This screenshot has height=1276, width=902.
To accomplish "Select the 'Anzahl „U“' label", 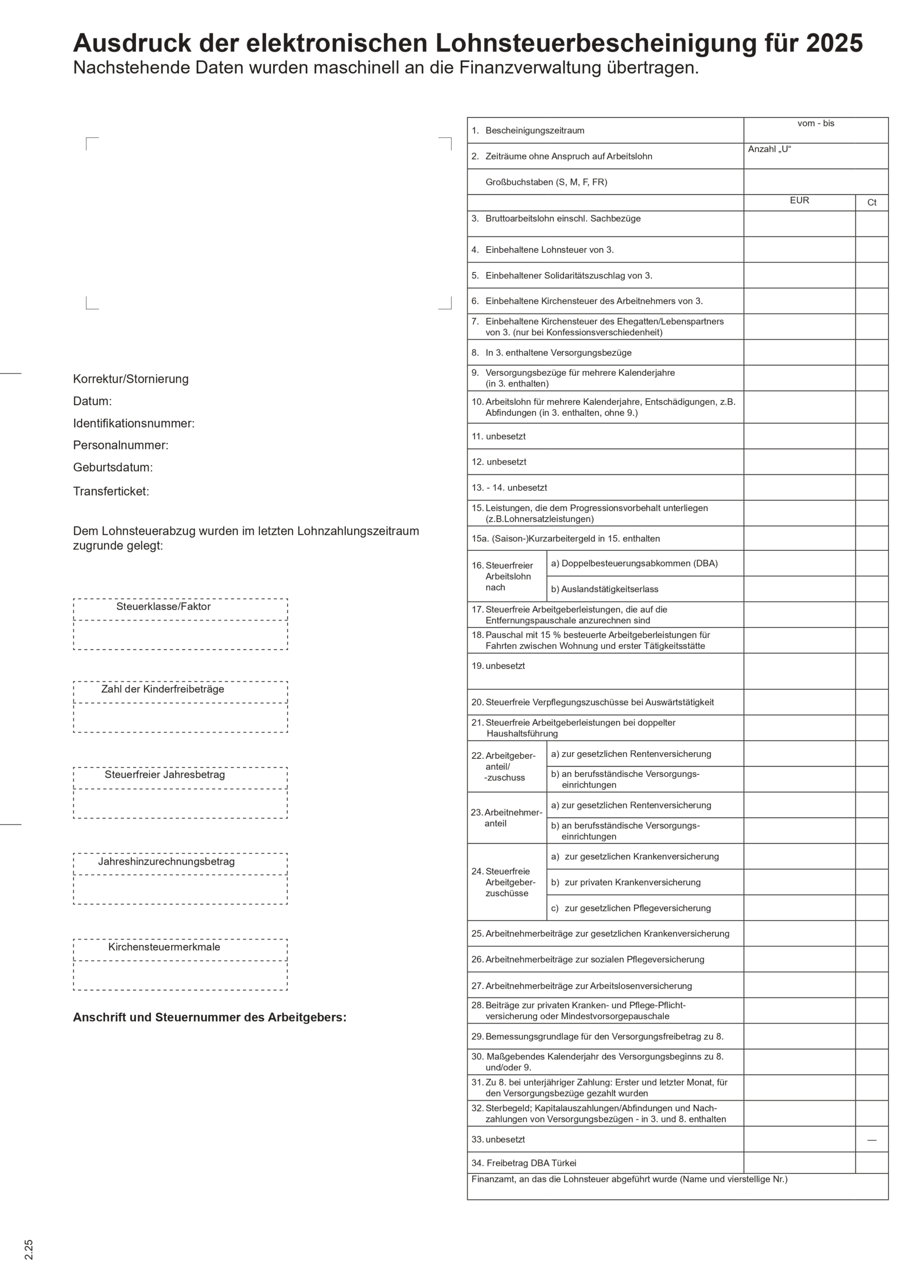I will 769,150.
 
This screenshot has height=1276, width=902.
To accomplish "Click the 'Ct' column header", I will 872,203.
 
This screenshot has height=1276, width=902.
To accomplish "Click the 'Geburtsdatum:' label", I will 113,468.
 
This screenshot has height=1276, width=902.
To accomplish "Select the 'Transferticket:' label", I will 111,491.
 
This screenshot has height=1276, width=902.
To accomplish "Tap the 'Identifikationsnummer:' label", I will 134,424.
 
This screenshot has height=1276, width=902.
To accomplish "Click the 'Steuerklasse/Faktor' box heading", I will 163,607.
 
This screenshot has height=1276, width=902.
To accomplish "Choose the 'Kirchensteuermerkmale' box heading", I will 164,947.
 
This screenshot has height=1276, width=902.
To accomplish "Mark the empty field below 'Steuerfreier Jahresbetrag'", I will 180,803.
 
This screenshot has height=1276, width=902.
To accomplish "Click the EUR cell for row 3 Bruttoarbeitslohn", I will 799,224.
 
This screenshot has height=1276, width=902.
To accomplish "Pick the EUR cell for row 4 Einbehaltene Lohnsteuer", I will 799,250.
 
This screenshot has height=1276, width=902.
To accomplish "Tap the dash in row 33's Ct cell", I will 872,1140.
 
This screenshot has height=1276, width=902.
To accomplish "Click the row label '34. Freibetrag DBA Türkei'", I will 524,1163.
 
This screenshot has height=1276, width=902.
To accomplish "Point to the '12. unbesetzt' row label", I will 499,462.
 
